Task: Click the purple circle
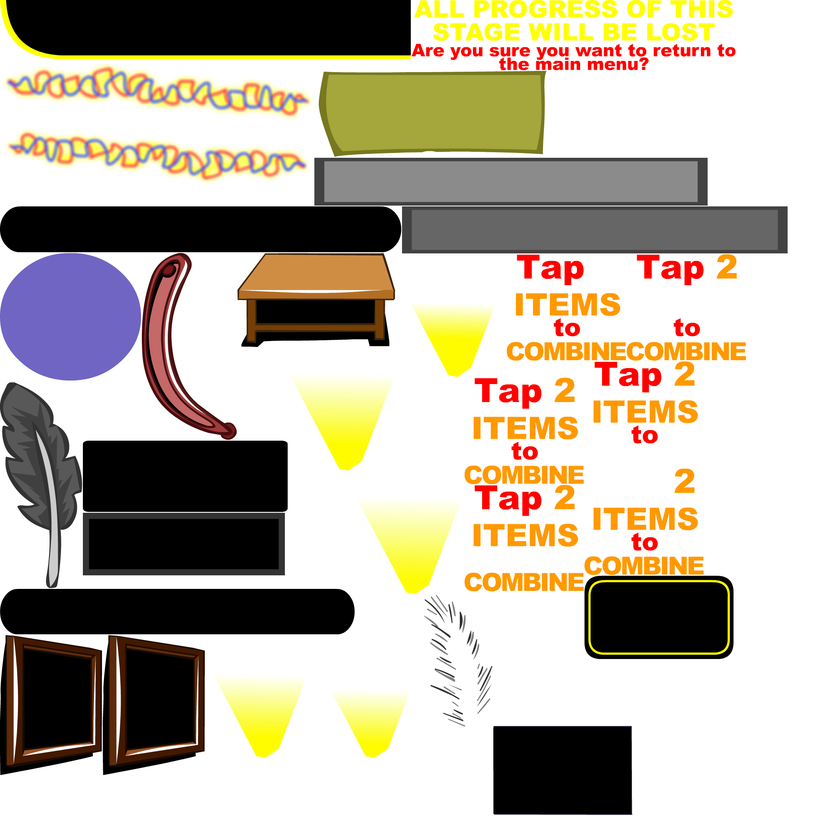(70, 317)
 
